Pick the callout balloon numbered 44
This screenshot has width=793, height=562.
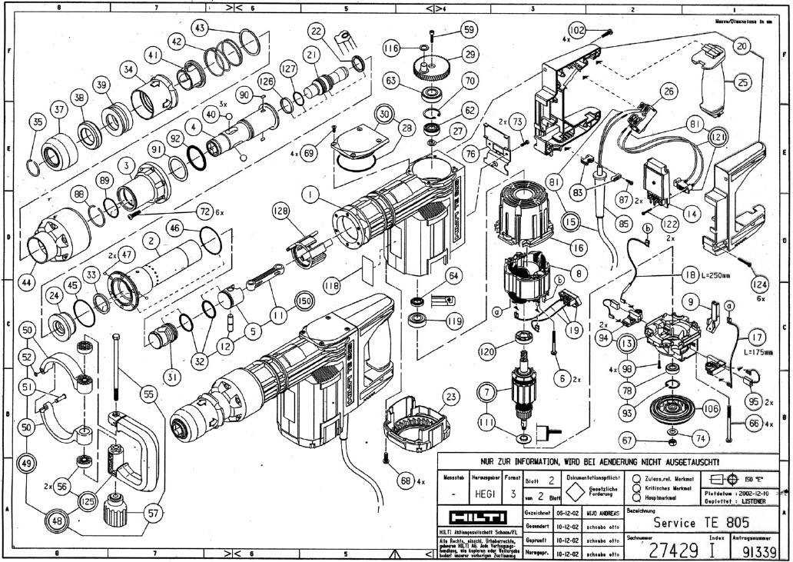[x=27, y=282]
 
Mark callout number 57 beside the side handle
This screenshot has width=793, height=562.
[x=154, y=510]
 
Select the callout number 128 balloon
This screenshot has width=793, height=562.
[x=279, y=210]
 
